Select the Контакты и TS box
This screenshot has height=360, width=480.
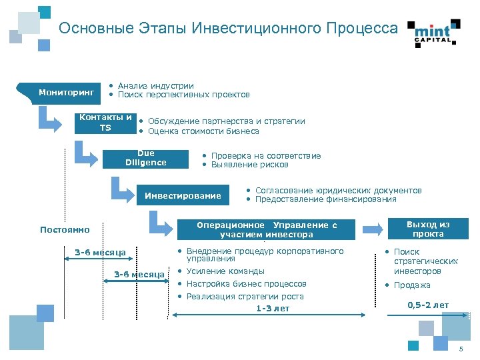(105, 123)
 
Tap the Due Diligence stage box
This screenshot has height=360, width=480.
(145, 158)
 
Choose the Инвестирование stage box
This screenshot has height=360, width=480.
(183, 195)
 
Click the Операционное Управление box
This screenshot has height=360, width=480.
(266, 229)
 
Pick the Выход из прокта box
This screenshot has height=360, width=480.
(428, 229)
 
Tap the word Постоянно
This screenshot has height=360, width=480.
(65, 230)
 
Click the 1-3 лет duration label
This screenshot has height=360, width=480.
(273, 308)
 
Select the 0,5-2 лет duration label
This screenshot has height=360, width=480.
(428, 305)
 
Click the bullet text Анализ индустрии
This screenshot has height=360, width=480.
(155, 85)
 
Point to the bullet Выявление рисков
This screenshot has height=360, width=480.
(249, 165)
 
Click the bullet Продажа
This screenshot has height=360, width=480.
(411, 285)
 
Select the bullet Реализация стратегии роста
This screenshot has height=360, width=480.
(245, 296)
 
